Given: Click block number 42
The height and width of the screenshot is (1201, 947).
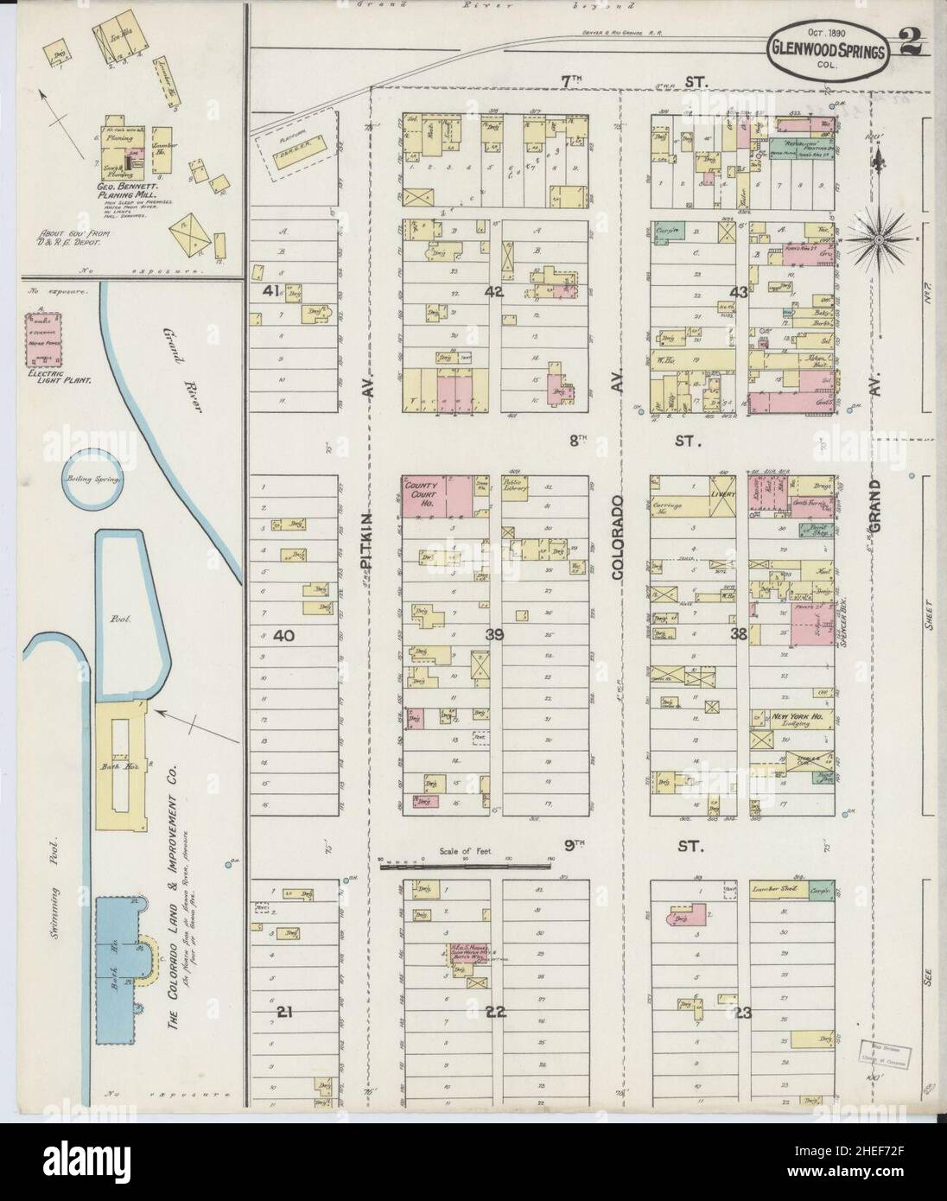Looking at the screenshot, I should click(493, 292).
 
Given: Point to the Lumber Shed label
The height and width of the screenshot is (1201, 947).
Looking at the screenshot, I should click(772, 887).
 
